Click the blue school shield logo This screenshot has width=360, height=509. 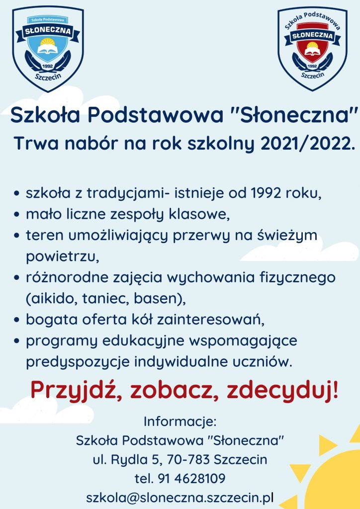(48, 49)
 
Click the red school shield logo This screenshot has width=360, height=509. (313, 49)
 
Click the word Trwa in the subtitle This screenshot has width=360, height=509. (36, 144)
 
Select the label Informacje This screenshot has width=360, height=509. (180, 422)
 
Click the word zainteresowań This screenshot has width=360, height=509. (211, 320)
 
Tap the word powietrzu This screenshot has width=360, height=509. (62, 257)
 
